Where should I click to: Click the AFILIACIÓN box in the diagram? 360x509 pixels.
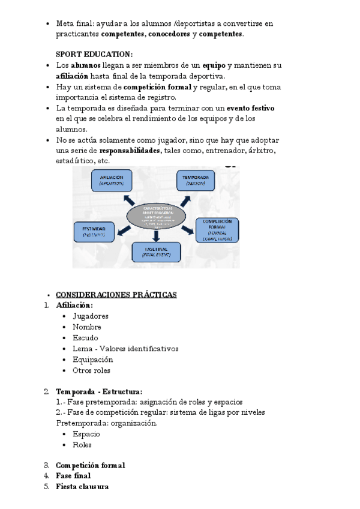(112, 181)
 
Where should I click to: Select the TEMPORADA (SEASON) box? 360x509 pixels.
(196, 181)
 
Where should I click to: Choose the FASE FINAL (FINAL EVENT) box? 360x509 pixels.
(156, 251)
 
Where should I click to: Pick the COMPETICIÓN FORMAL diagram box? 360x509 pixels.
(217, 230)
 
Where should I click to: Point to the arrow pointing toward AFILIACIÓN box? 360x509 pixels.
(128, 200)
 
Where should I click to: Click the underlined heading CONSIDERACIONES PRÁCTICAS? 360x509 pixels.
(116, 295)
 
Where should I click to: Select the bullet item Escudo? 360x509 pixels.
(85, 338)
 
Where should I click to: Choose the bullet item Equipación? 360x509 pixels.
(92, 360)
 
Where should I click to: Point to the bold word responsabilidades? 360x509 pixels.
(130, 151)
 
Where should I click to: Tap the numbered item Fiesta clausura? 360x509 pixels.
(82, 487)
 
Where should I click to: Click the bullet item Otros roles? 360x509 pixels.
(91, 370)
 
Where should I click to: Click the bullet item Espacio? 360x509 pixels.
(86, 434)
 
